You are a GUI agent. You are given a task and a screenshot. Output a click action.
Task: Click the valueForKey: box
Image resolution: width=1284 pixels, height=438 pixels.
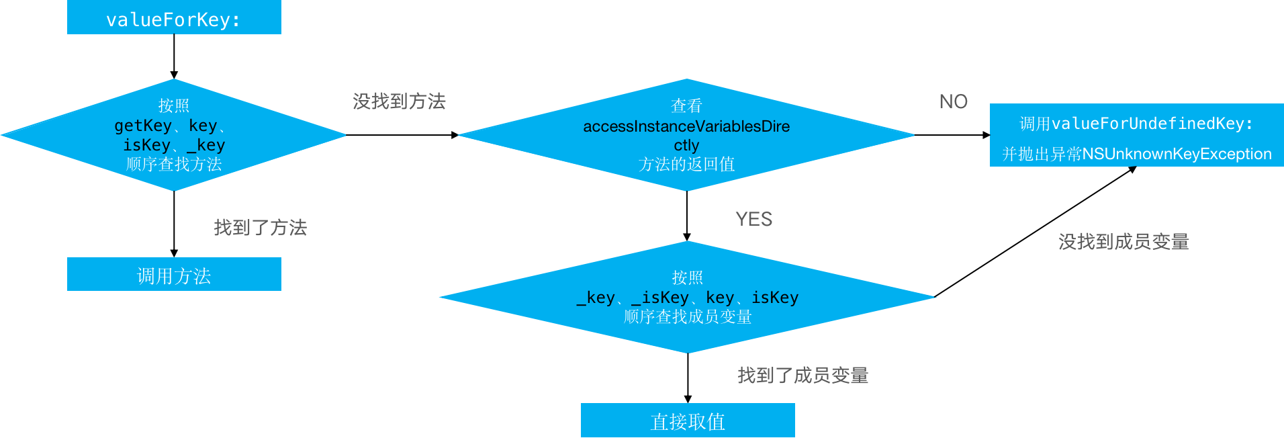pyautogui.click(x=173, y=19)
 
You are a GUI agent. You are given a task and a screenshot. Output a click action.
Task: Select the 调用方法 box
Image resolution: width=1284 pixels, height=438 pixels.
pyautogui.click(x=174, y=275)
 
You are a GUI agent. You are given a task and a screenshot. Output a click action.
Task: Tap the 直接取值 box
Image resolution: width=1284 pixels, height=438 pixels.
pyautogui.click(x=688, y=421)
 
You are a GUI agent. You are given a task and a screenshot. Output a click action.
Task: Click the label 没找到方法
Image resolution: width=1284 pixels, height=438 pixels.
pyautogui.click(x=399, y=101)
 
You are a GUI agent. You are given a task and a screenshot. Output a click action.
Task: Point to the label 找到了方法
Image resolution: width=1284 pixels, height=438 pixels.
pyautogui.click(x=260, y=228)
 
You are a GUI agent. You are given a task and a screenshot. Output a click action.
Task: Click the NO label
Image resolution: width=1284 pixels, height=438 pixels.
pyautogui.click(x=953, y=101)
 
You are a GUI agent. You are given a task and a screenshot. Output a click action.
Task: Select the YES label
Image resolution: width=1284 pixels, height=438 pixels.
pyautogui.click(x=753, y=219)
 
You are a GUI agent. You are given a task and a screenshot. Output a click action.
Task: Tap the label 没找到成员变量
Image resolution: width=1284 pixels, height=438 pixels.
pyautogui.click(x=1123, y=242)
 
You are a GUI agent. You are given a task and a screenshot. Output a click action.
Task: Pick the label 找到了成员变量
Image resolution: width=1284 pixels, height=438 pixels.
pyautogui.click(x=802, y=375)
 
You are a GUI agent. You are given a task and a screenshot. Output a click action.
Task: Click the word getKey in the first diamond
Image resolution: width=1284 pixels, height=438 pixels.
pyautogui.click(x=142, y=126)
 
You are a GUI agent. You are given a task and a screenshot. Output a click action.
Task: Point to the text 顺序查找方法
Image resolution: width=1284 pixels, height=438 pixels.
pyautogui.click(x=174, y=164)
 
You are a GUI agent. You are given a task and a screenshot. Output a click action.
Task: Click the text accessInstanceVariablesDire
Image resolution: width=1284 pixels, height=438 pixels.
pyautogui.click(x=686, y=126)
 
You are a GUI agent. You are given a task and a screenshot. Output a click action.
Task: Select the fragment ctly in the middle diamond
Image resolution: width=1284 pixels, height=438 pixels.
pyautogui.click(x=686, y=145)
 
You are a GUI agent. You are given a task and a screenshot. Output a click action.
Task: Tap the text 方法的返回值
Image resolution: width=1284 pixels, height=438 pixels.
pyautogui.click(x=686, y=164)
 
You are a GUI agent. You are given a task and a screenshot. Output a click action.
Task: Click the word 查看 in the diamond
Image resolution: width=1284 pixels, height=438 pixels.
pyautogui.click(x=686, y=105)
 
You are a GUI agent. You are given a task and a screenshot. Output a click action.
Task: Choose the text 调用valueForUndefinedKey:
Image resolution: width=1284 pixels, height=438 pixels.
pyautogui.click(x=1136, y=124)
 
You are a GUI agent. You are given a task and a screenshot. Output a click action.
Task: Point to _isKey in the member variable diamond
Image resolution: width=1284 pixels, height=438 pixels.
pyautogui.click(x=660, y=298)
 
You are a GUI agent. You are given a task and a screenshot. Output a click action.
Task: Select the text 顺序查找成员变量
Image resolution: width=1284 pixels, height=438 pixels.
pyautogui.click(x=688, y=316)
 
